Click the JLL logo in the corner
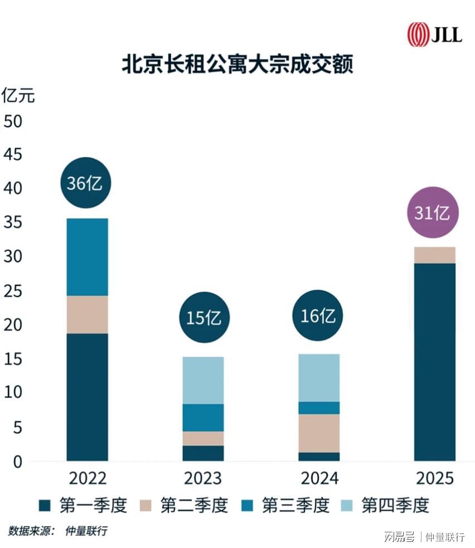tap(434, 35)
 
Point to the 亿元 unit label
tap(18, 95)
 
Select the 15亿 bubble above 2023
tap(203, 317)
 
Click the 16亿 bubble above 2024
tap(318, 316)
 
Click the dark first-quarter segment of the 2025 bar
tap(434, 362)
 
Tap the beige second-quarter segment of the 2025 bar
tap(434, 255)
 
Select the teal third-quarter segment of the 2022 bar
tap(87, 256)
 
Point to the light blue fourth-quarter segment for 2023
tap(203, 380)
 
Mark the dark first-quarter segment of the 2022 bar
tap(87, 397)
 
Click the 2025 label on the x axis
tap(435, 478)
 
